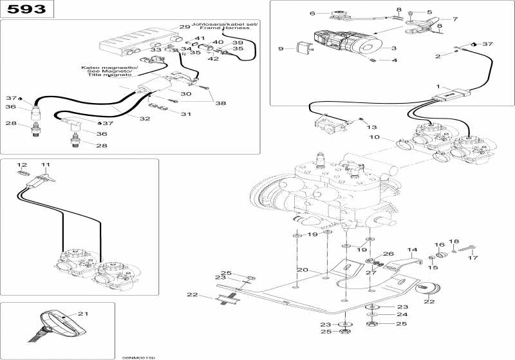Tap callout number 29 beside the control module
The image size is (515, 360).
pos(185,27)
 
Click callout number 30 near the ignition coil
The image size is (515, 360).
pos(186,94)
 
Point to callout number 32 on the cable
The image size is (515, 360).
pos(145,118)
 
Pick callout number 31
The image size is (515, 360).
pos(186,114)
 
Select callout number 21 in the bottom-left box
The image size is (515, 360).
pos(82,314)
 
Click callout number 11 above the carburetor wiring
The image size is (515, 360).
pos(46,165)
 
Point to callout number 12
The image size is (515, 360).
pos(23,165)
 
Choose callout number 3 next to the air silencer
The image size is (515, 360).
pos(392,48)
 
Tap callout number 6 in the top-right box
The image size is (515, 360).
pos(313,13)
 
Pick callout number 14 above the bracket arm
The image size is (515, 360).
pos(412,249)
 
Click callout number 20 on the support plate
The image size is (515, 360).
pos(302,269)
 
